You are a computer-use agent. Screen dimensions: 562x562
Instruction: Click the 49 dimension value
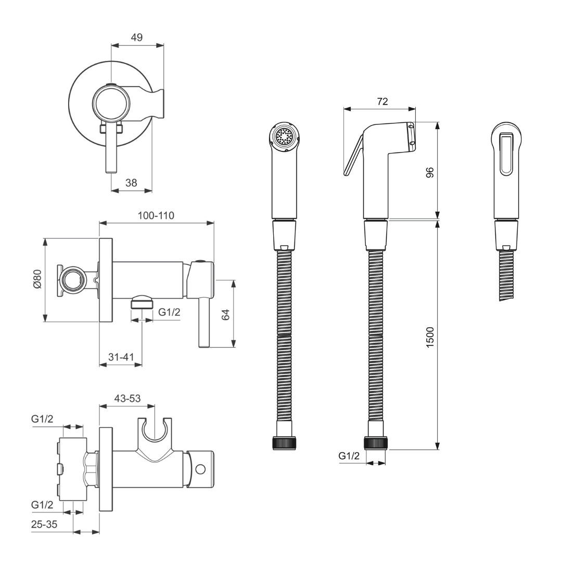click(x=136, y=37)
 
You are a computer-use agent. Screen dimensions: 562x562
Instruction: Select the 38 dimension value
click(x=131, y=183)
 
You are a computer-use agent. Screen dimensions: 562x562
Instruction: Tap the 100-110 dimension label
click(x=156, y=215)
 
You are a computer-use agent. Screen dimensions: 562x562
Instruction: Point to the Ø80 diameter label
click(x=37, y=279)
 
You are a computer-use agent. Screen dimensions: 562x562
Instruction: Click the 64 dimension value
click(x=225, y=315)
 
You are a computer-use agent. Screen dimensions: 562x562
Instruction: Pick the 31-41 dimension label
click(x=121, y=357)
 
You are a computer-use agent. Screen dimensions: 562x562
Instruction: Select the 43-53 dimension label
click(x=127, y=398)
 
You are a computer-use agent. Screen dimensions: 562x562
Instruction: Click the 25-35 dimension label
click(x=44, y=524)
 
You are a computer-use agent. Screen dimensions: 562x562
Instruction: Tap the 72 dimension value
click(x=382, y=101)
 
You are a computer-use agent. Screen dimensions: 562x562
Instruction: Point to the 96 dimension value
click(x=430, y=172)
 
